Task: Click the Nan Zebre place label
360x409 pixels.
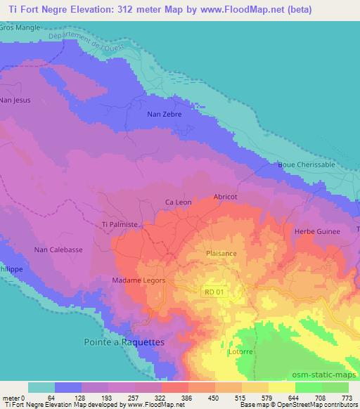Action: (163, 113)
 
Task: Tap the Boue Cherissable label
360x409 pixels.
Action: (306, 165)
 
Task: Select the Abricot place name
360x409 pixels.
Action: (226, 197)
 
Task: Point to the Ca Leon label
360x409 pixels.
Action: (178, 202)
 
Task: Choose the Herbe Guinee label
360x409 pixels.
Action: (316, 231)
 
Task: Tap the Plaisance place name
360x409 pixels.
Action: (221, 253)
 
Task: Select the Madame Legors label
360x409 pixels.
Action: (139, 280)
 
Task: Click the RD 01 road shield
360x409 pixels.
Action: (214, 292)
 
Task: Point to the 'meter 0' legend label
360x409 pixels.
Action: (14, 397)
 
